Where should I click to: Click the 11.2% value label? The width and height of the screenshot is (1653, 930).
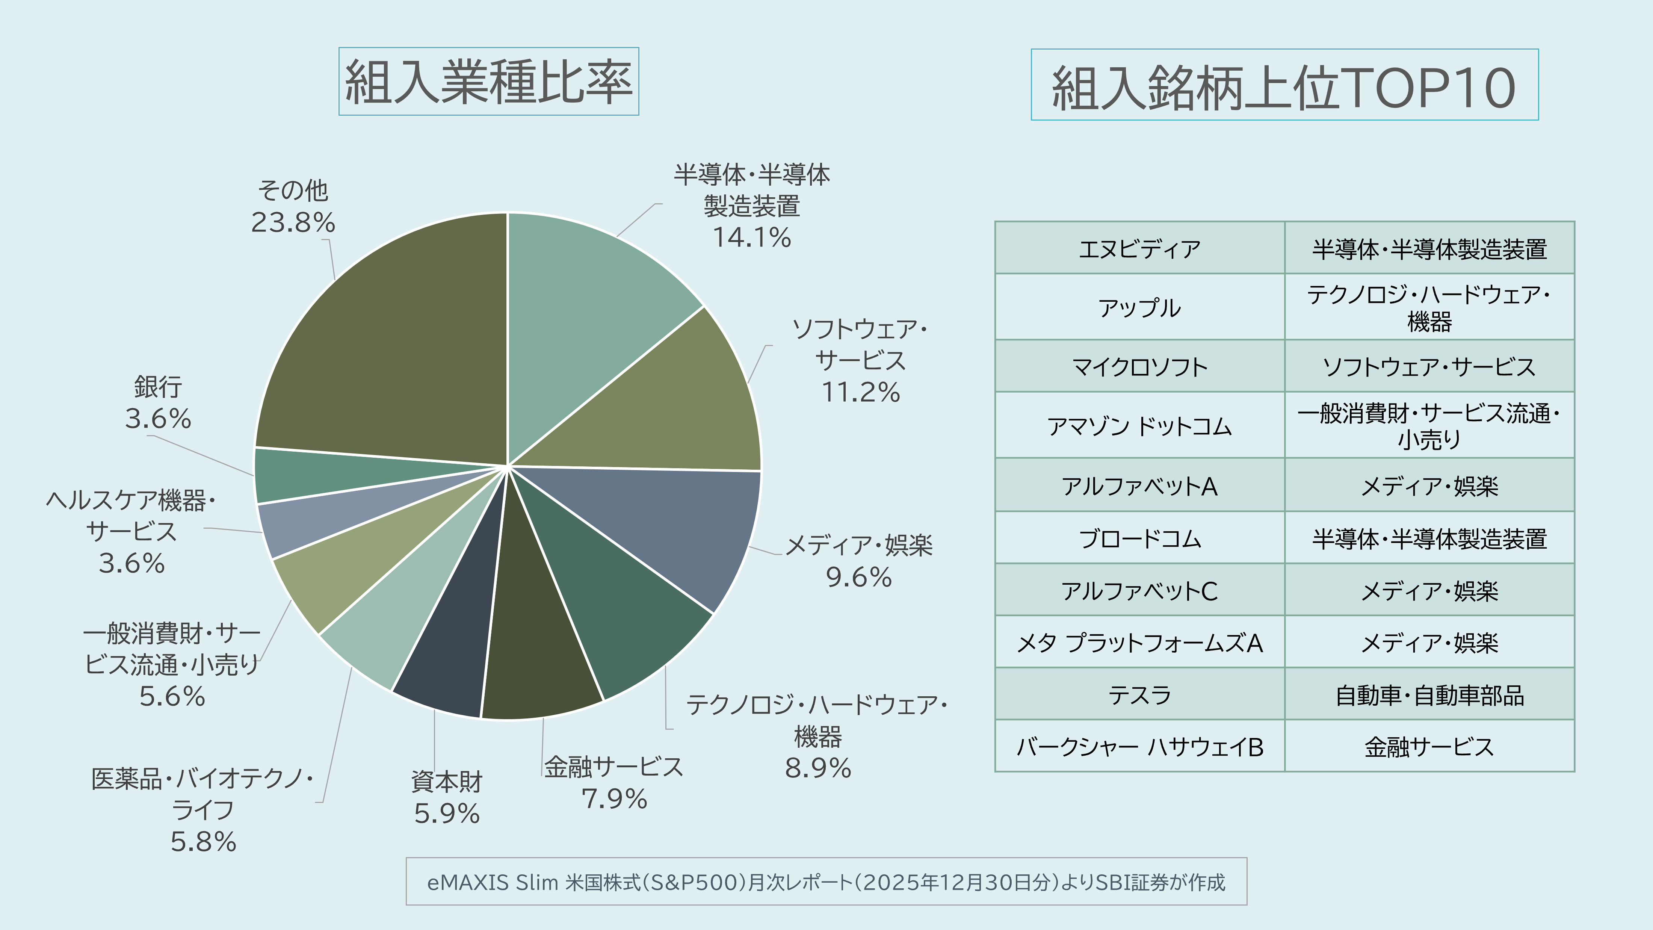[x=861, y=392]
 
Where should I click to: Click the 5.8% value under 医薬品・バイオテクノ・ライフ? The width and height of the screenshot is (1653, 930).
[x=203, y=841]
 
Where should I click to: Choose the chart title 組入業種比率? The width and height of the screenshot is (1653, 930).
[x=488, y=82]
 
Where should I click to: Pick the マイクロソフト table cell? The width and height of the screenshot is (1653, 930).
[x=1140, y=366]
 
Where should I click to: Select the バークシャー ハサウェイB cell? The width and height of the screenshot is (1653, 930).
[x=1140, y=746]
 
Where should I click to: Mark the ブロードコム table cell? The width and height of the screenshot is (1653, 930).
[x=1140, y=538]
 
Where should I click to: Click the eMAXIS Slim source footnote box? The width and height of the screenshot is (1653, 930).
[x=826, y=882]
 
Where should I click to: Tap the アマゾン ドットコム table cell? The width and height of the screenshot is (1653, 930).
[x=1140, y=425]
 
